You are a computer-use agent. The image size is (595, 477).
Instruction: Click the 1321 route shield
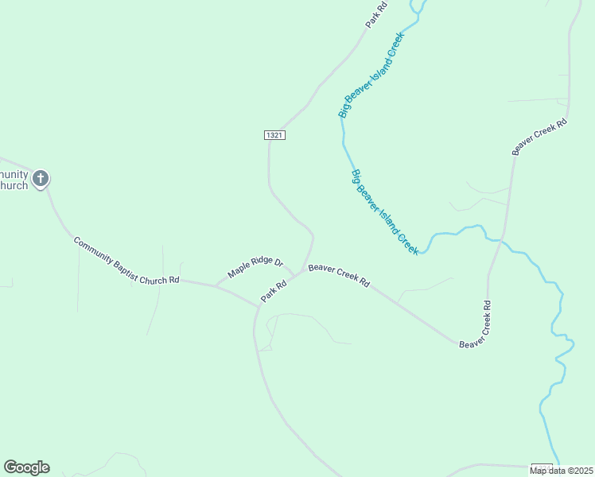click(274, 135)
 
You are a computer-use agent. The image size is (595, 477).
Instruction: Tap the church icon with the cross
click(40, 178)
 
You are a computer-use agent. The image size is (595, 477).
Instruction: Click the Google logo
click(26, 467)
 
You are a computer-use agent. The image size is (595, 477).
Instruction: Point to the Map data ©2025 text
click(561, 471)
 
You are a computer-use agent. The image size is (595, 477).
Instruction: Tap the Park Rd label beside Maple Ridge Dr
click(274, 291)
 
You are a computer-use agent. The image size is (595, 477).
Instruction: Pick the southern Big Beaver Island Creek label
click(385, 211)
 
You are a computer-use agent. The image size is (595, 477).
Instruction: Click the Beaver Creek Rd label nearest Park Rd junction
click(339, 276)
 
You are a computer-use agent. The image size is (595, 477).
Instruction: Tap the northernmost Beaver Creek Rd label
click(539, 137)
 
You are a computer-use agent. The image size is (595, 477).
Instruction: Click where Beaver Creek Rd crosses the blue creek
click(501, 238)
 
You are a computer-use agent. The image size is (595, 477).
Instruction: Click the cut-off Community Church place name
click(14, 180)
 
